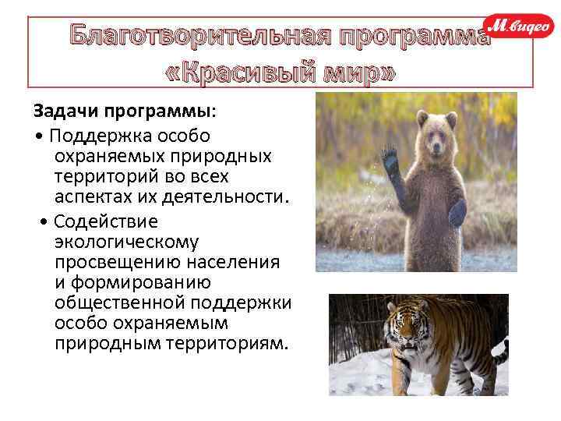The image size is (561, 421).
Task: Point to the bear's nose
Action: (x=437, y=149)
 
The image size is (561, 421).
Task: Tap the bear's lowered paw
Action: (x=457, y=211)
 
